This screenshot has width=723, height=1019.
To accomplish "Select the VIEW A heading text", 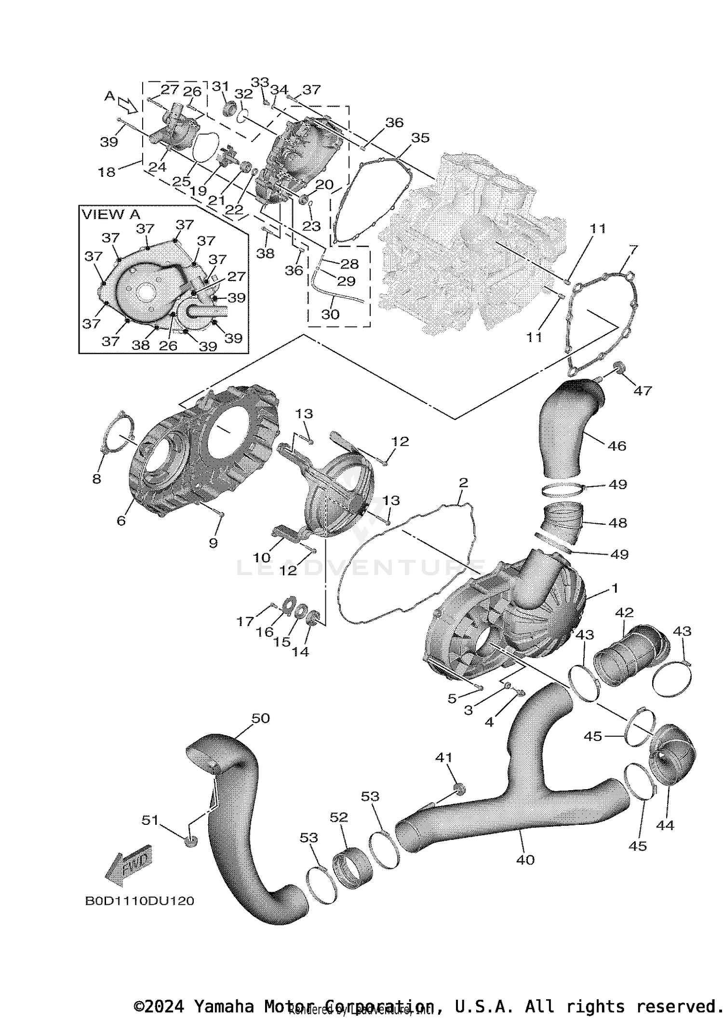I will (x=111, y=215).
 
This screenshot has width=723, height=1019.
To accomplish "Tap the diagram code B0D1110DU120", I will (x=139, y=901).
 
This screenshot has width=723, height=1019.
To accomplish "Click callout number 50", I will (x=260, y=718).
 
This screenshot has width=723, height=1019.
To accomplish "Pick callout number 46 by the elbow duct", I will (x=616, y=446).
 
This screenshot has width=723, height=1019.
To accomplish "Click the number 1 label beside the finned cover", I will (x=615, y=588).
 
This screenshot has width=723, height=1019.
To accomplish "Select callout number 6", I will (x=121, y=521).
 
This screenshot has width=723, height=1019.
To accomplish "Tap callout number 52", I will (x=339, y=817).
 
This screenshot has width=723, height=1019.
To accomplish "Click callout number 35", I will (x=420, y=138).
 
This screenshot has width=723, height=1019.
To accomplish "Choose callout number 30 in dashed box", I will (x=330, y=315).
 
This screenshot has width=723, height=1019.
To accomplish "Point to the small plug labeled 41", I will (x=459, y=789).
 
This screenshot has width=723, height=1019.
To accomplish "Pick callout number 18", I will (x=107, y=172).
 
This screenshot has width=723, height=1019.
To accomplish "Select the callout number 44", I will (x=665, y=825).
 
